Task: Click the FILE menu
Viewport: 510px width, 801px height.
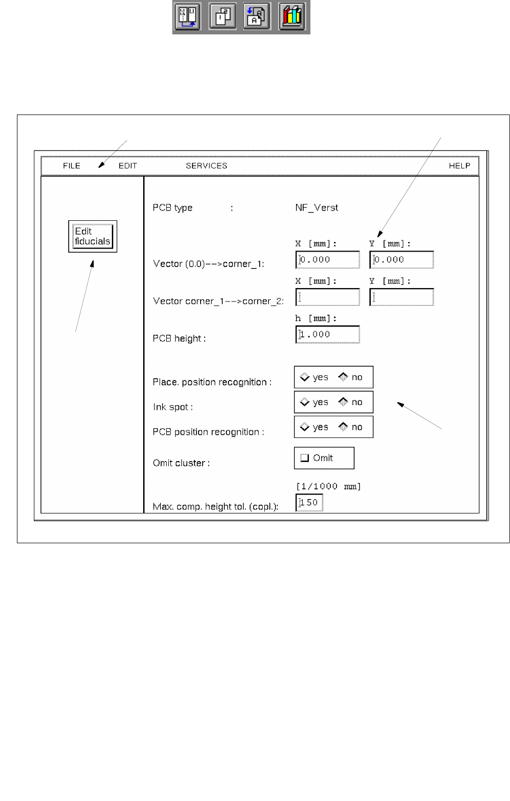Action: tap(72, 166)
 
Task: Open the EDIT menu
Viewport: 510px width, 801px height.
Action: tap(128, 166)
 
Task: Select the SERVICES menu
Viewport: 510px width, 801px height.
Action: tap(206, 166)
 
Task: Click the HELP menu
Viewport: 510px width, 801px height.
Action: tap(459, 166)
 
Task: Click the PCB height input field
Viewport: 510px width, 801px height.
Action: tap(328, 334)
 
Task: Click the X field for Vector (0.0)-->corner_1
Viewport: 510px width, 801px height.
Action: tap(328, 260)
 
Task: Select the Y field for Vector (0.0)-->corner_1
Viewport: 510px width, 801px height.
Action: tap(402, 260)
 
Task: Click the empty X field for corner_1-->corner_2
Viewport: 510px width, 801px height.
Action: tap(328, 297)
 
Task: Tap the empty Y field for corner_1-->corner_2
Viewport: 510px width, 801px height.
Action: tap(402, 297)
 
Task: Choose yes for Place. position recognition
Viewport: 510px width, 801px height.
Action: tap(305, 377)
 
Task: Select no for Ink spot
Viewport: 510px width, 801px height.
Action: tap(343, 402)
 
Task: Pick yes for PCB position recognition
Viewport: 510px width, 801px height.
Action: tap(305, 427)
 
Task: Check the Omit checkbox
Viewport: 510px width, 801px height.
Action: tap(305, 458)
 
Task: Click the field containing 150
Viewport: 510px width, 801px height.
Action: tap(309, 503)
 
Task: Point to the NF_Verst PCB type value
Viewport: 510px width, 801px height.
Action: tap(317, 208)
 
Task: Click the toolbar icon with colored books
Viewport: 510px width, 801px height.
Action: tap(292, 16)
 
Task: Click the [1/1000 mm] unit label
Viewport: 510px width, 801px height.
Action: tap(328, 486)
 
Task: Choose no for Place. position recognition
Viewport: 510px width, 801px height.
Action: tap(343, 377)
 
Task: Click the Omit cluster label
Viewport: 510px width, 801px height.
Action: tap(181, 463)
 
